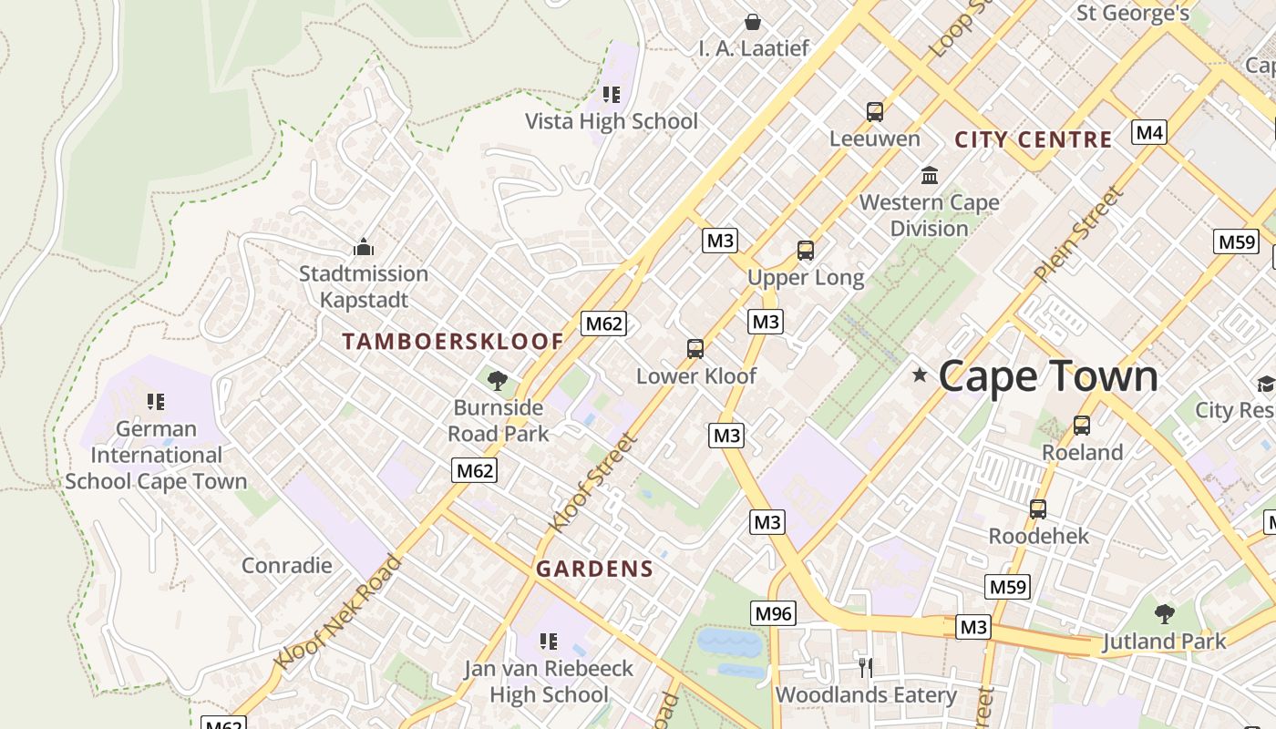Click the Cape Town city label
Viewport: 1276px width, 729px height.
[1048, 375]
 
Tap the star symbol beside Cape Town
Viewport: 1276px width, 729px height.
[920, 375]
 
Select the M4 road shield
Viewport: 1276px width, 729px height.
[1149, 132]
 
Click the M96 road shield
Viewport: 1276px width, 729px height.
[773, 613]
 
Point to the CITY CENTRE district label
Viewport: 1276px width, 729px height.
[1033, 139]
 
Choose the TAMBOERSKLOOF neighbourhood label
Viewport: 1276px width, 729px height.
[453, 342]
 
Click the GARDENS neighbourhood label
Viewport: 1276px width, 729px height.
[594, 570]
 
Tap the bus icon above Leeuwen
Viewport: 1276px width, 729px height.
[875, 112]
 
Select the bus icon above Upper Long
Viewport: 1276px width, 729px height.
[805, 251]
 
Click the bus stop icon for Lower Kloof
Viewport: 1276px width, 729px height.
[695, 349]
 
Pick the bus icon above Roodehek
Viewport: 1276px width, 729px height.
[1038, 509]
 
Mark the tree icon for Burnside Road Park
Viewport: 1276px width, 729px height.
[498, 381]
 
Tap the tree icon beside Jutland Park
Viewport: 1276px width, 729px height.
[1164, 614]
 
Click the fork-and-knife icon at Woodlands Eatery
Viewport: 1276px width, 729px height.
[865, 668]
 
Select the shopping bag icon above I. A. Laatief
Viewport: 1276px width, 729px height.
[753, 22]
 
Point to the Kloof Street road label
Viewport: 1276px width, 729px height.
[592, 483]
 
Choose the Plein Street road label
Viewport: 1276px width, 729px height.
[1077, 234]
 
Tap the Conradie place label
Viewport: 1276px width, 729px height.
[286, 565]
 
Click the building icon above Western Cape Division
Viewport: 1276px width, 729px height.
[930, 175]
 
